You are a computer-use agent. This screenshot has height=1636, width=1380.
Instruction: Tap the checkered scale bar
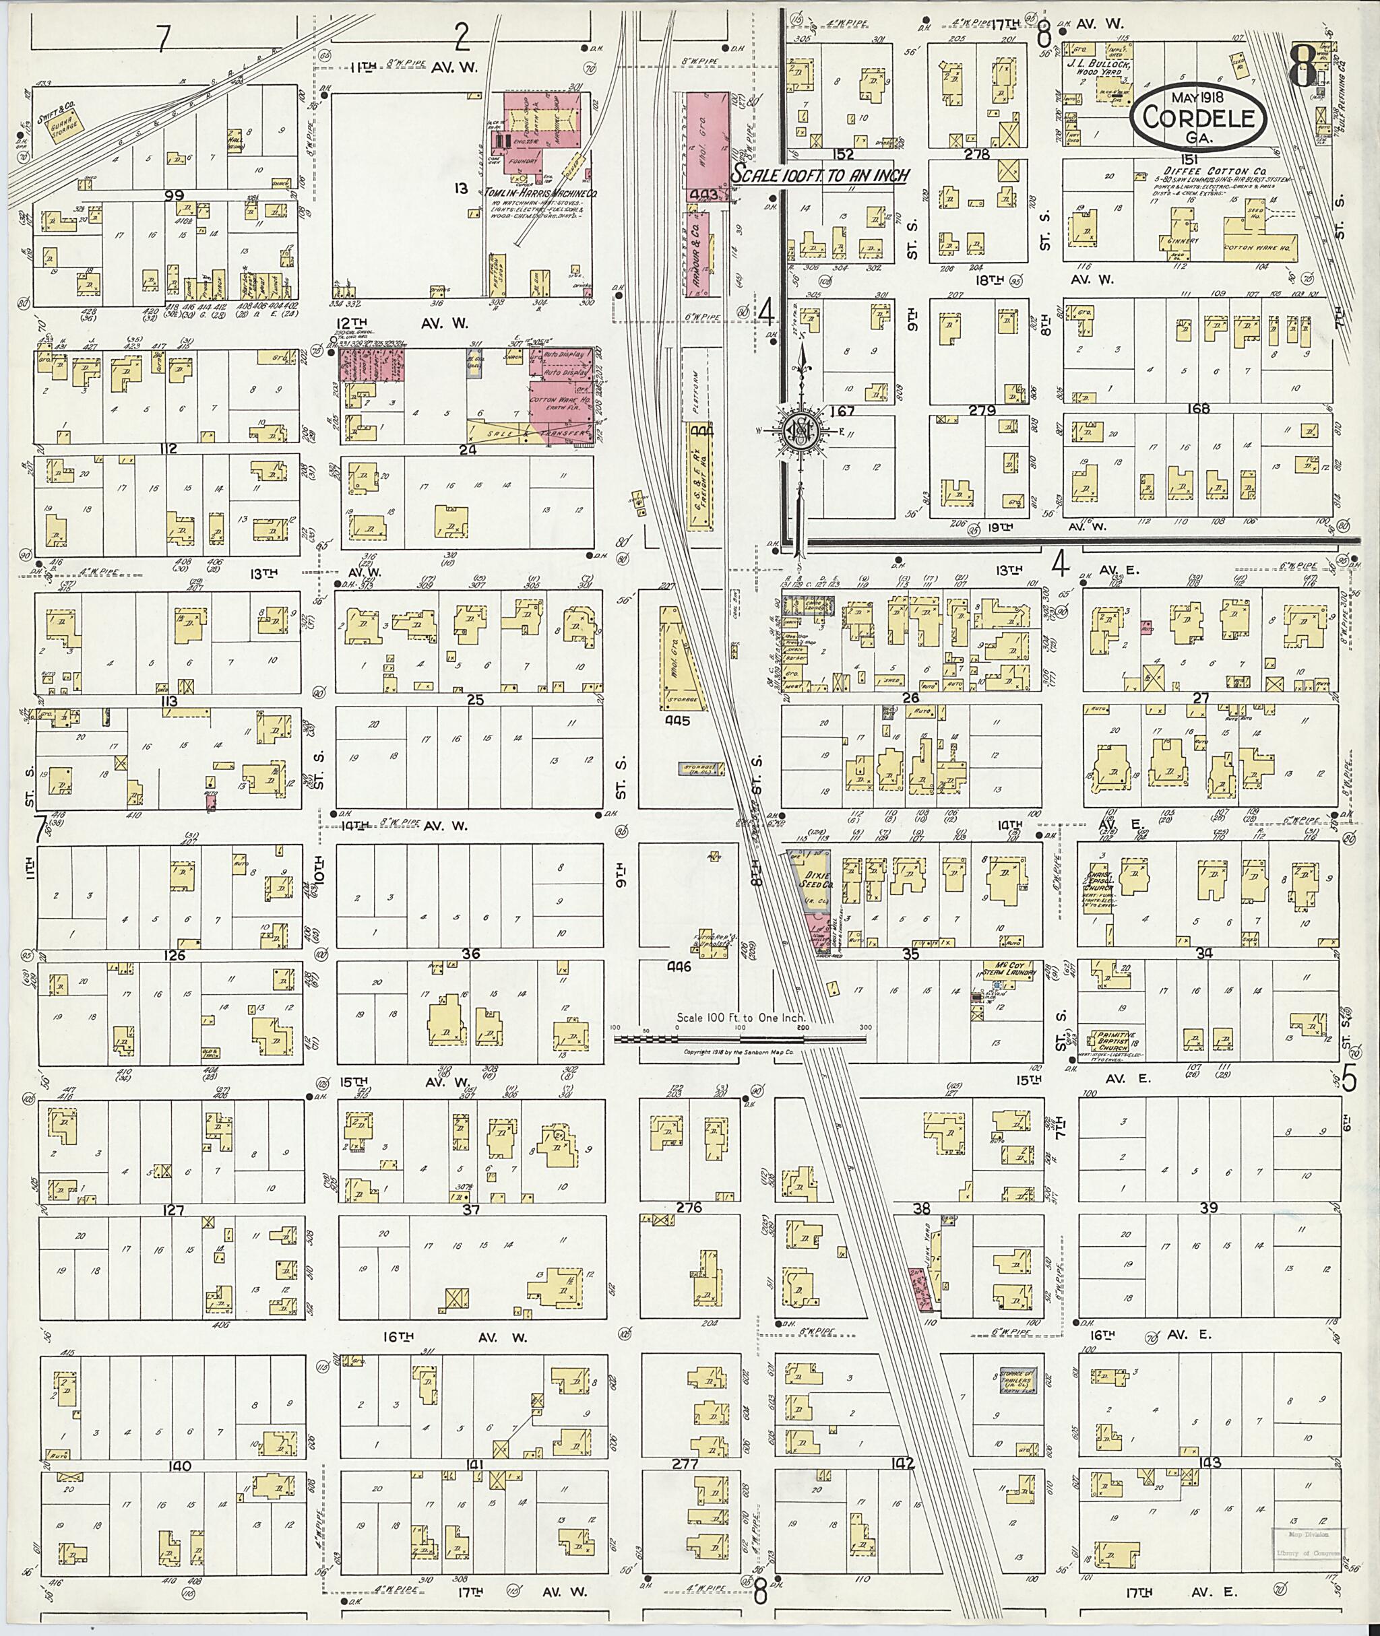739,1040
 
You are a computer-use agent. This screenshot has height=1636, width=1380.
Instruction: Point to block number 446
677,967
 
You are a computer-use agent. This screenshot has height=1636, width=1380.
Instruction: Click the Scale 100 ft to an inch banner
820,176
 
